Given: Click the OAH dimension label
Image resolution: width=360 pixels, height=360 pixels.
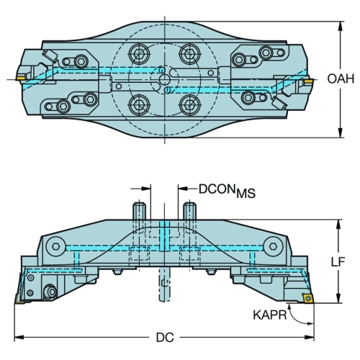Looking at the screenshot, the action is click(341, 78).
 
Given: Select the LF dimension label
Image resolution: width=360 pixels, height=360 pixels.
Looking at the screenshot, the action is click(338, 261).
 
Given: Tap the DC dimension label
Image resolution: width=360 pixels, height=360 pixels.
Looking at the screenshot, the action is click(165, 338).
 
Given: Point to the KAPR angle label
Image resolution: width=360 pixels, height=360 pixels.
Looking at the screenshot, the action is click(270, 315).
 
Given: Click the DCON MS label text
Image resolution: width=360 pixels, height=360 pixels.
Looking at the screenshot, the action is click(227, 191).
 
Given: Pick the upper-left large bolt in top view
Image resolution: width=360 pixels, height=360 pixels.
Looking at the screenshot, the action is click(139, 54).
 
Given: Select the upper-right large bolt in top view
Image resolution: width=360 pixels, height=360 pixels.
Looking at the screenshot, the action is click(190, 54).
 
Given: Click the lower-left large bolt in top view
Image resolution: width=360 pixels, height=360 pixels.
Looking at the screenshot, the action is click(139, 104).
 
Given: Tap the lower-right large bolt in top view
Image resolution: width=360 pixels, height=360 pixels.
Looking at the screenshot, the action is click(190, 104).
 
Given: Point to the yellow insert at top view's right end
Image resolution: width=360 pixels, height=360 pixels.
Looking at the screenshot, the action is click(308, 82).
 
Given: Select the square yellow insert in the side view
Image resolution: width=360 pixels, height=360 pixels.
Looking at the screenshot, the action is click(307, 298).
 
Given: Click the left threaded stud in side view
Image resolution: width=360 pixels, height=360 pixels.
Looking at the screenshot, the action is click(139, 211).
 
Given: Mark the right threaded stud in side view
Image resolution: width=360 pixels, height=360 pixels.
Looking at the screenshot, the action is click(190, 211).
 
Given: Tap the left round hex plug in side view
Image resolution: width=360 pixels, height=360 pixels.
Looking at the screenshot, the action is click(56, 246).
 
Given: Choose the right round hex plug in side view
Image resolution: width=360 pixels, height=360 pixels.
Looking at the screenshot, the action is click(273, 246).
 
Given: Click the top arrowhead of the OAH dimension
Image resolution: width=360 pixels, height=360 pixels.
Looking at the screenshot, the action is click(340, 26).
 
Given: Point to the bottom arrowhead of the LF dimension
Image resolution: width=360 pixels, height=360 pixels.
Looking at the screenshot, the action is click(338, 298).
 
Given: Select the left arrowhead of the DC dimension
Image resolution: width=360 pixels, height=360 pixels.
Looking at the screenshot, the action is click(19, 338).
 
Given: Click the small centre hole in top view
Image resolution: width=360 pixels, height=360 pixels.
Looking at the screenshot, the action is click(165, 79).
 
